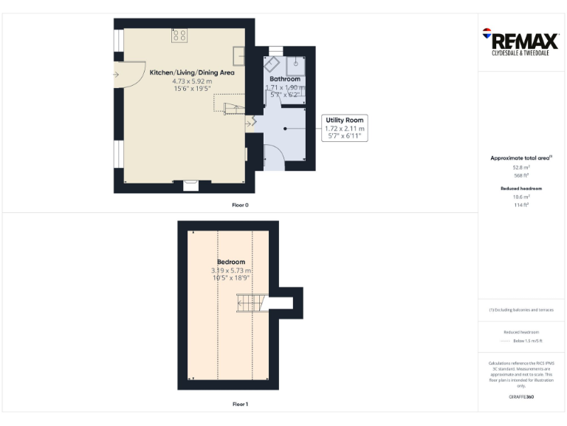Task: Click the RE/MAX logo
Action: coord(520,40)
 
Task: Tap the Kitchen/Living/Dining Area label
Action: coord(192,72)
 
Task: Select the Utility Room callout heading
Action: coord(345,120)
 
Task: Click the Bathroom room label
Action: coord(284,78)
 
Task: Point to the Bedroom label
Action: coord(231,262)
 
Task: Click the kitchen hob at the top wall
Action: coord(179,35)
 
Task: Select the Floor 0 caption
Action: coord(240,204)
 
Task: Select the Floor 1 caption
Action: coord(240,404)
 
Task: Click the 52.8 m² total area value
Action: coord(521,168)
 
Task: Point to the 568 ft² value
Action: coord(521,176)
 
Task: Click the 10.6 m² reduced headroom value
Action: coord(521,197)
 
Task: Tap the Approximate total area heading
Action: coord(520,158)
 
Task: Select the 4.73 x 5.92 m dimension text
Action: coord(192,81)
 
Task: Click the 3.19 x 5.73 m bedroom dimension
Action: coord(231,271)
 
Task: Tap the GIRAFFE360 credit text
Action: coord(521,397)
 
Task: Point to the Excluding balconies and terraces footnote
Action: coord(521,310)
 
